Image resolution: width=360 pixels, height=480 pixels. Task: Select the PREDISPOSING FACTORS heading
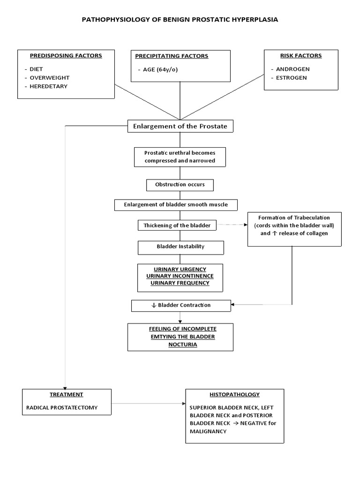pos(66,55)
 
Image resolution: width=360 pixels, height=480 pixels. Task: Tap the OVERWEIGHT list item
pos(50,77)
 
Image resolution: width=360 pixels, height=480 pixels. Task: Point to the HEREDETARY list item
pos(49,86)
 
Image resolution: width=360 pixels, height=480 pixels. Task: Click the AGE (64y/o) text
pos(158,70)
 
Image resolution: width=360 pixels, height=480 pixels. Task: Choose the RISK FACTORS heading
pos(301,55)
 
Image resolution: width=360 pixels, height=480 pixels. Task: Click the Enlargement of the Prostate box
pos(180,126)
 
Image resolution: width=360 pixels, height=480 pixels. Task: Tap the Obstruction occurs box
pos(180,185)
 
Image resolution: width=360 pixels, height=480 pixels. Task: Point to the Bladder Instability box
pos(180,246)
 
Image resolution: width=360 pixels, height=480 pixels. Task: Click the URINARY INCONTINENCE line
pos(180,277)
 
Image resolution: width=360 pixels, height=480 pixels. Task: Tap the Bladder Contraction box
pos(181,305)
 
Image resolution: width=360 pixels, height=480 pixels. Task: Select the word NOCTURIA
pos(180,345)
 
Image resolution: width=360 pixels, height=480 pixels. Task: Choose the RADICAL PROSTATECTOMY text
pos(62,407)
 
